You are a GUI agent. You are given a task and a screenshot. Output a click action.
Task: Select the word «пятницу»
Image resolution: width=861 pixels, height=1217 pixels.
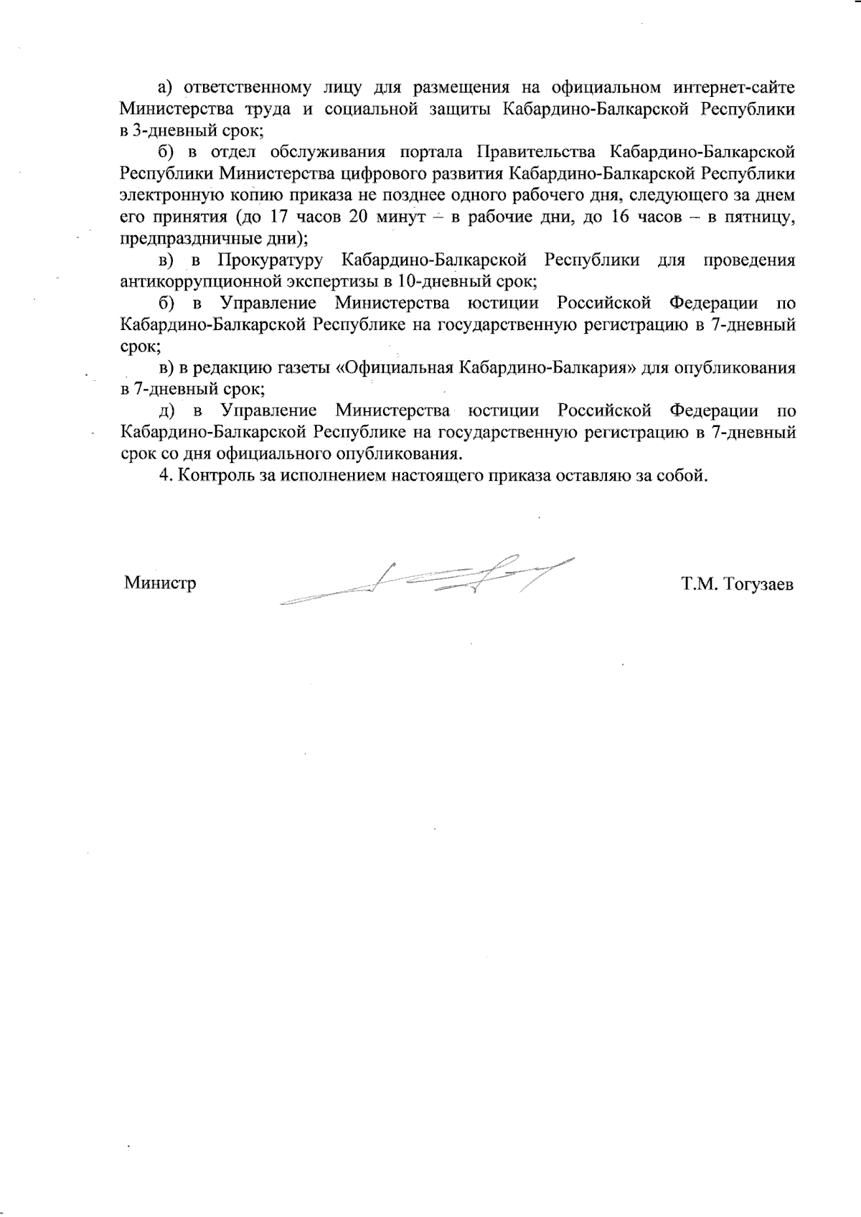click(760, 217)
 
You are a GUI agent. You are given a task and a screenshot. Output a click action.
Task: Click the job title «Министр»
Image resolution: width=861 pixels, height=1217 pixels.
click(160, 583)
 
